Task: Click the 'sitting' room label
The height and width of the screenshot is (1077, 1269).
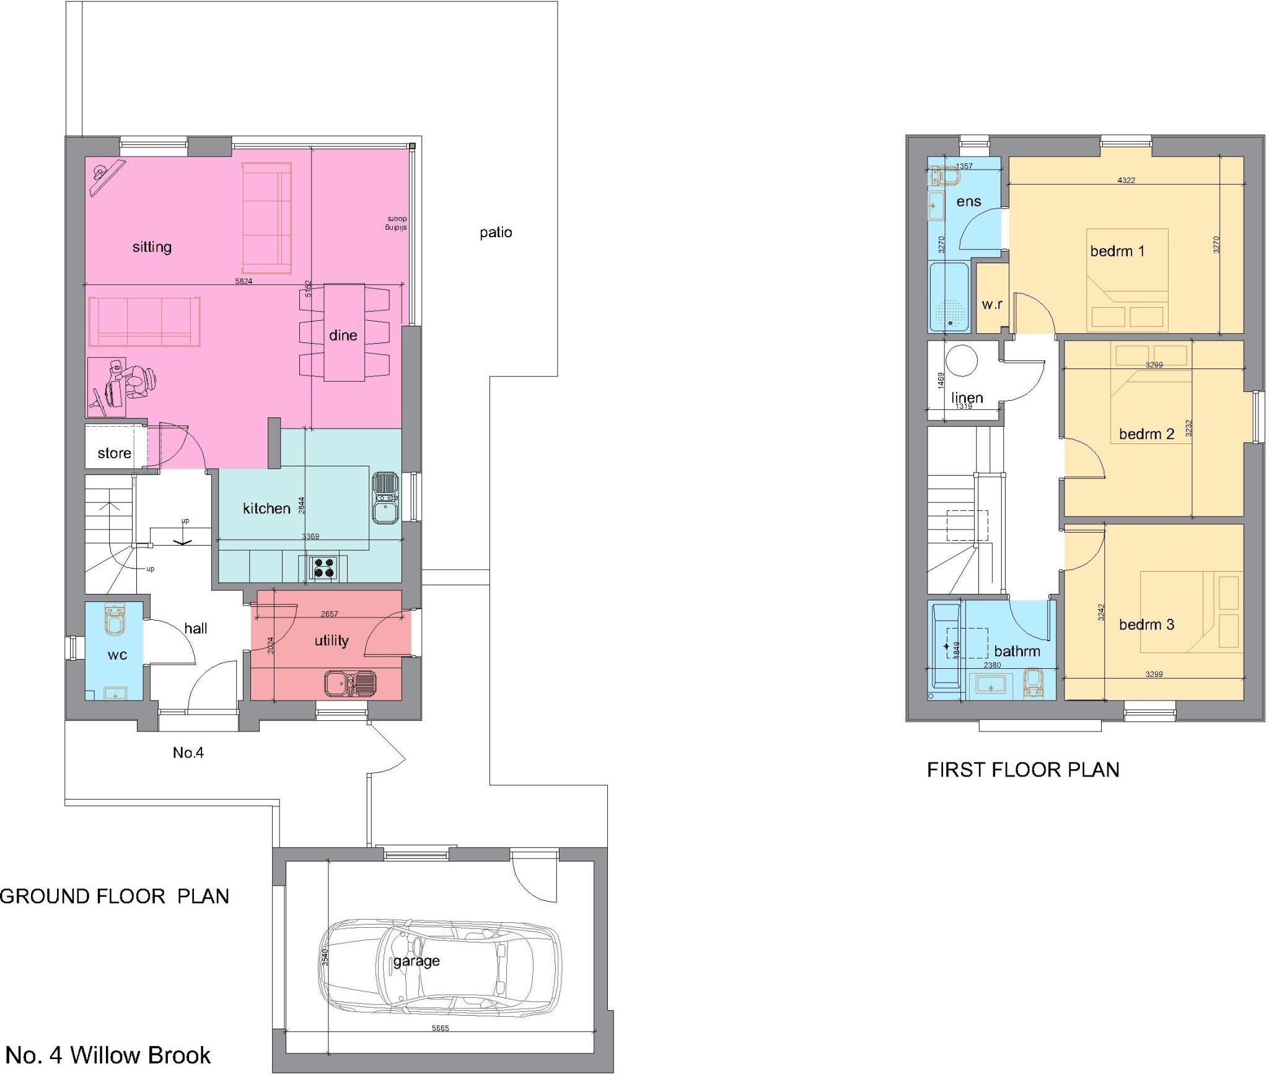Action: [152, 247]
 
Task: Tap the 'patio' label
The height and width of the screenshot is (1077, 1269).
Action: [496, 232]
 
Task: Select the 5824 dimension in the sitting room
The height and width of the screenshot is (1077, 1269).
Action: [244, 281]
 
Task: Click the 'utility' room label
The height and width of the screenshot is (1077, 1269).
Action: [332, 640]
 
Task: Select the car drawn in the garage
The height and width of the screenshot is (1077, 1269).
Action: [440, 966]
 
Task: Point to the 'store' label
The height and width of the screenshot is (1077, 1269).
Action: [115, 453]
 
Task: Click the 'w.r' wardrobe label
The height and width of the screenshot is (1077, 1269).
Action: [992, 304]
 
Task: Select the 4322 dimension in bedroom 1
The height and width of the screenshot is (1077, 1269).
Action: [1126, 180]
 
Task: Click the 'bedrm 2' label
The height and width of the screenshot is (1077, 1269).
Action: [1146, 434]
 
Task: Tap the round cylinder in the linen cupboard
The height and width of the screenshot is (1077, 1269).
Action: [962, 360]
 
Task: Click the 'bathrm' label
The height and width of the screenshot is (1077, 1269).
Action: [1017, 651]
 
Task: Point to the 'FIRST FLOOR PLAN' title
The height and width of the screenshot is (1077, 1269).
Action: [1023, 770]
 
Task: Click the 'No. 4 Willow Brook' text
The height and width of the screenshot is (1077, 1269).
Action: [108, 1055]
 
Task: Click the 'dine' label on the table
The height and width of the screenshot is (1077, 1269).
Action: [343, 335]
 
